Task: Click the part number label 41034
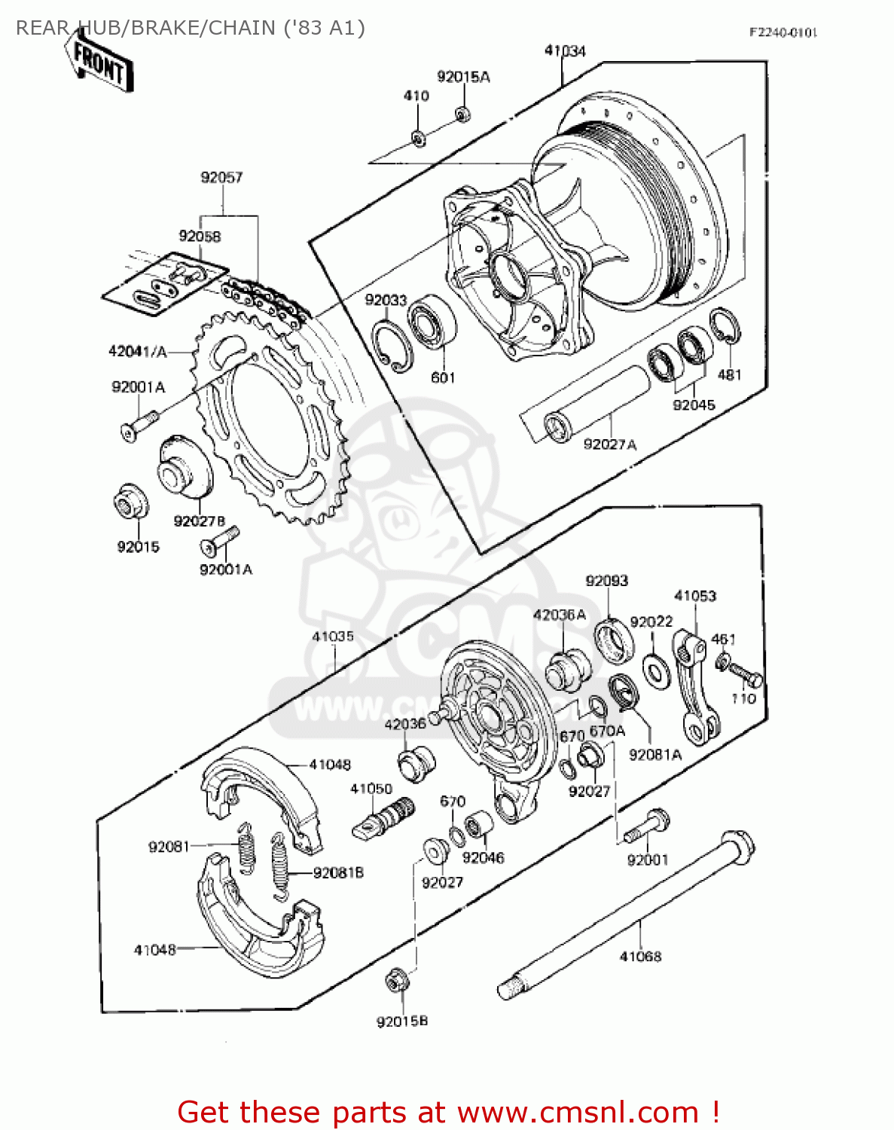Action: [565, 51]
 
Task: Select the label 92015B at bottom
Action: [402, 1022]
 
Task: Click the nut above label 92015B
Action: [397, 981]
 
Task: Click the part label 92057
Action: [221, 178]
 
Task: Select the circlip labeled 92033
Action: [392, 346]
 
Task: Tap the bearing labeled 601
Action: [432, 322]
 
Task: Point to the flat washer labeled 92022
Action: [656, 670]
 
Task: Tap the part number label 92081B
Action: [338, 873]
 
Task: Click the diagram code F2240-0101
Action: [783, 32]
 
